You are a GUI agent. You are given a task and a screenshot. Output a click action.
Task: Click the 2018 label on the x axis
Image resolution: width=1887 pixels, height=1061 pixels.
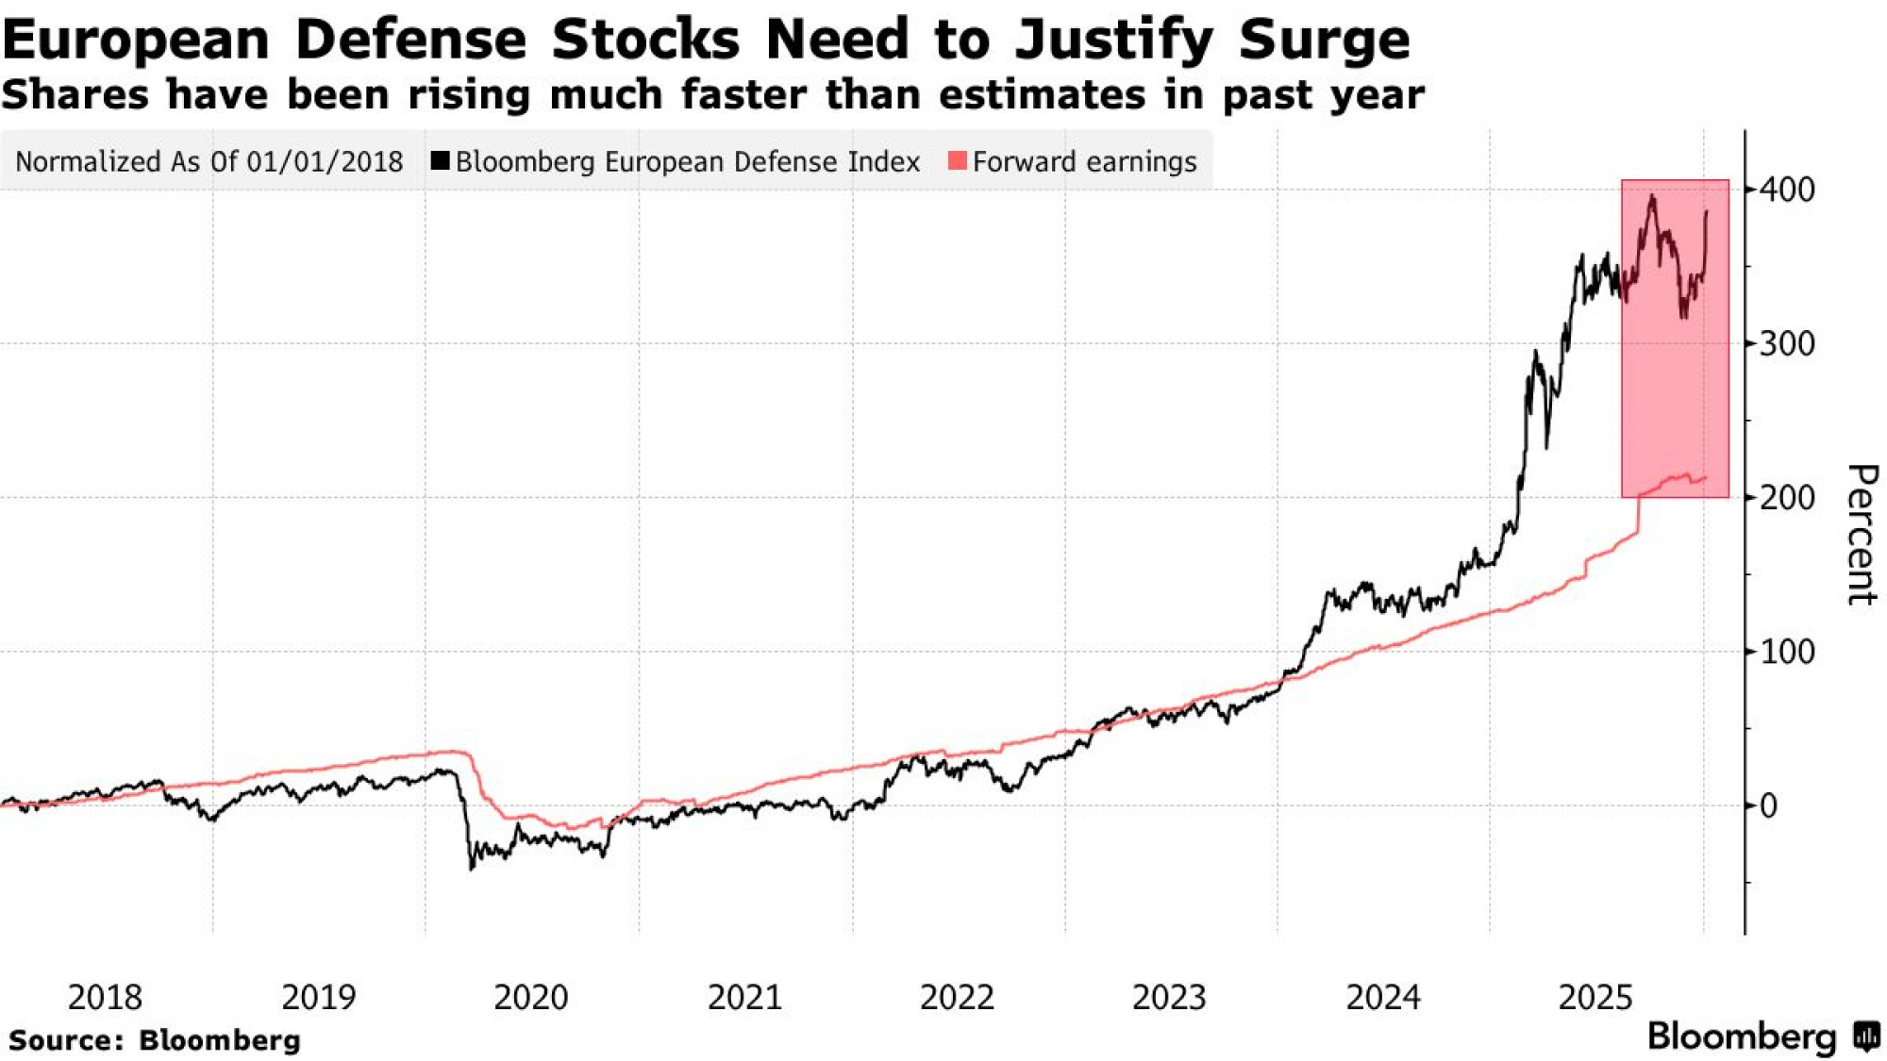click(x=105, y=997)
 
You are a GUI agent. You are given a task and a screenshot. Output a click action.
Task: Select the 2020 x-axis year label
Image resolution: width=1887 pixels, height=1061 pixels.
click(x=531, y=997)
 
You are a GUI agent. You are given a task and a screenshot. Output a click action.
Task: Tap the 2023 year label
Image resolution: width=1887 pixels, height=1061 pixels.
click(x=1169, y=997)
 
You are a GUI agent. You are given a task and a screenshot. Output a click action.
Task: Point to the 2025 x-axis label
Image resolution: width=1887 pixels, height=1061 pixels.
click(x=1595, y=997)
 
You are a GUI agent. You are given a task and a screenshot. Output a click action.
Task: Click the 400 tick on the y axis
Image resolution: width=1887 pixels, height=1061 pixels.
click(x=1787, y=190)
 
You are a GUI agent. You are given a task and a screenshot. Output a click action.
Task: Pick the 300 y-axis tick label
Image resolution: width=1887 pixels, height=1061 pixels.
click(x=1787, y=344)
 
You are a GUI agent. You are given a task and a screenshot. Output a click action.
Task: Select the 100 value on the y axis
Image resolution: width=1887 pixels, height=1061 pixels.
click(x=1787, y=652)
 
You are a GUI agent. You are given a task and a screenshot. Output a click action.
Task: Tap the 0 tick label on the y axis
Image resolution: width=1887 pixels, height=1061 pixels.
click(x=1768, y=806)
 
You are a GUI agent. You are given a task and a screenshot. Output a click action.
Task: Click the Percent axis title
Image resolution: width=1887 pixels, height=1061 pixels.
click(x=1861, y=534)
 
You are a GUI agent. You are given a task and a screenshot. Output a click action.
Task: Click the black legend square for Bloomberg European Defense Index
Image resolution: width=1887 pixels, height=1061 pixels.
click(x=440, y=161)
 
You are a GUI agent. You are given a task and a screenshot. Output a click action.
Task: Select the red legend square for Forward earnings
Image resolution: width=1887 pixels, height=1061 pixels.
click(x=957, y=161)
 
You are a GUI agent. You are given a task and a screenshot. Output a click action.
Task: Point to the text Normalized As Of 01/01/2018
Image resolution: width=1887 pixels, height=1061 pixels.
click(x=209, y=162)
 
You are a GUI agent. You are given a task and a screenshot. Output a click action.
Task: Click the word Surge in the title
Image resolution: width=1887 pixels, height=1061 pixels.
click(x=1324, y=40)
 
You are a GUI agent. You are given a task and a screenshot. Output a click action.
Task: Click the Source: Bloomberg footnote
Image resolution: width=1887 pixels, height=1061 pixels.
click(x=155, y=1040)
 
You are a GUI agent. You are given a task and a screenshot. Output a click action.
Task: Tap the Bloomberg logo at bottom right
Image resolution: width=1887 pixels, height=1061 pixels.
click(x=1762, y=1036)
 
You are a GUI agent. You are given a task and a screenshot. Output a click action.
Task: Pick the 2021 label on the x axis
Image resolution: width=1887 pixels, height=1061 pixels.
click(x=744, y=997)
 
